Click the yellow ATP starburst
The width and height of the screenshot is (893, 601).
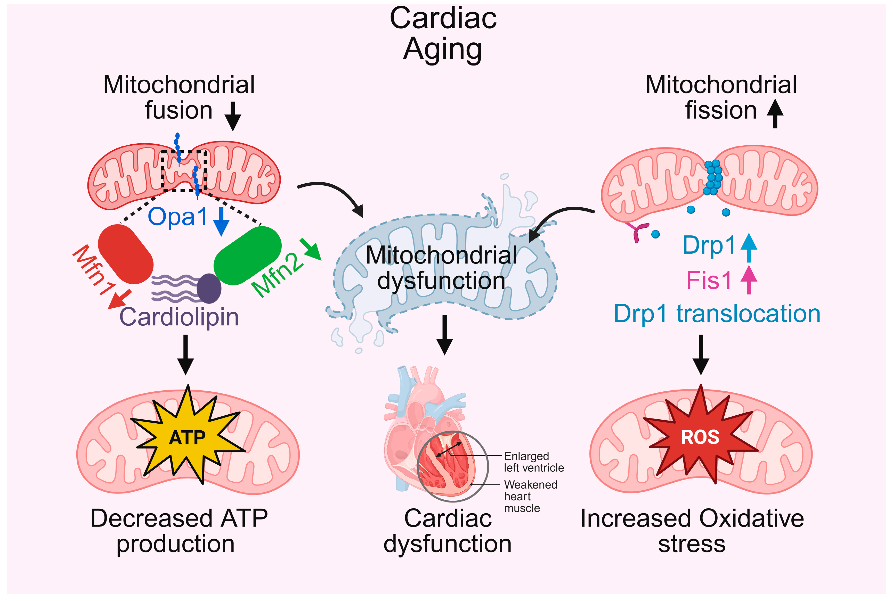(187, 437)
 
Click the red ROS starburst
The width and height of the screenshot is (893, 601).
(700, 437)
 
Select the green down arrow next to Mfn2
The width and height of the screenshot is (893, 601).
(311, 250)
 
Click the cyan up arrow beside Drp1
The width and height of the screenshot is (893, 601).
(749, 247)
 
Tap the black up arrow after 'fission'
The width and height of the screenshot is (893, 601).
(775, 113)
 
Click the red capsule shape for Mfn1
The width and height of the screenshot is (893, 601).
(126, 254)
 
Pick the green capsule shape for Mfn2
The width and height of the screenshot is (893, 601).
(247, 256)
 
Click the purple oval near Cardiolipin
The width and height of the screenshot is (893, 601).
(209, 288)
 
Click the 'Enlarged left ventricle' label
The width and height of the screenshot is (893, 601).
(533, 462)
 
